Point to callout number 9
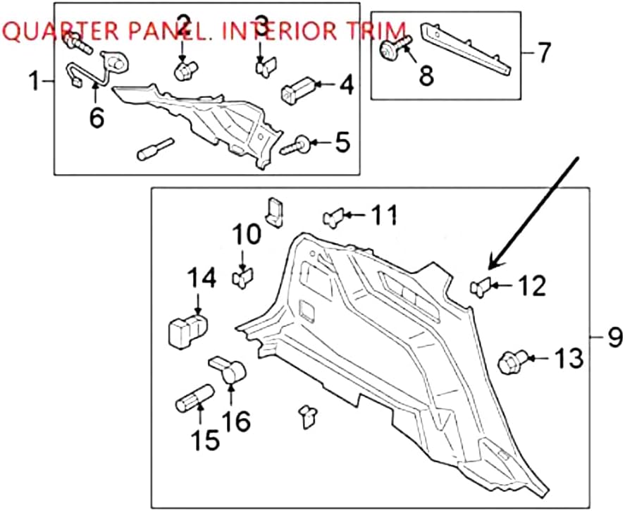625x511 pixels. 614,338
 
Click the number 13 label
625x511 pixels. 568,359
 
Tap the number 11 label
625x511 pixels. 385,214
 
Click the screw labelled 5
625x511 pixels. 299,145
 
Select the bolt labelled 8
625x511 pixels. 390,49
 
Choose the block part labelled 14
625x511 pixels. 187,327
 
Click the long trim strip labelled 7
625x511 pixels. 466,48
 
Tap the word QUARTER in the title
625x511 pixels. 54,32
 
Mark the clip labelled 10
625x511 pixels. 242,276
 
